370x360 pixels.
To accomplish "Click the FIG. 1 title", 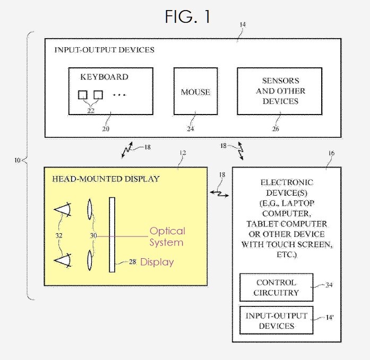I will [x=187, y=16].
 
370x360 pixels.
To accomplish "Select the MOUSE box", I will [x=195, y=91].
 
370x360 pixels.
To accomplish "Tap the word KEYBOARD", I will [x=104, y=77].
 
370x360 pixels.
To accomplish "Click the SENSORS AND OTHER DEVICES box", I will [x=279, y=91].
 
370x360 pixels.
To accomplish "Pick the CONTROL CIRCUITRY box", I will [x=276, y=287].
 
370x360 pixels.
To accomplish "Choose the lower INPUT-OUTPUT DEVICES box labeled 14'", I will [x=276, y=320].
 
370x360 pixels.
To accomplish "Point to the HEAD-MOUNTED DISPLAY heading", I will [x=105, y=179].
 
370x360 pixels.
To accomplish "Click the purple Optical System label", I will [x=167, y=236].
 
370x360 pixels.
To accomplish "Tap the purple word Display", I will [x=157, y=262].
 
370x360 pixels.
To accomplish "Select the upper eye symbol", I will [x=63, y=210].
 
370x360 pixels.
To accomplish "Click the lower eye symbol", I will [x=63, y=259].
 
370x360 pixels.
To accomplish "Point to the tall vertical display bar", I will [x=112, y=234].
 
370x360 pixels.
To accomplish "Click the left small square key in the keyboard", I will [x=83, y=95].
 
